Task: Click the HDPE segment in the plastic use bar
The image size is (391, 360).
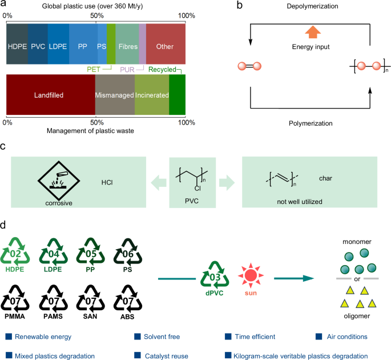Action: click(x=17, y=47)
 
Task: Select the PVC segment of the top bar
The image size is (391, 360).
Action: click(x=38, y=47)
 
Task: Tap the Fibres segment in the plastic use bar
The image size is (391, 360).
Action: click(x=127, y=47)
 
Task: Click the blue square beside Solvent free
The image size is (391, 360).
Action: click(x=137, y=337)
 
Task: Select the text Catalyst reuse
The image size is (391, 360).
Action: click(x=167, y=356)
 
